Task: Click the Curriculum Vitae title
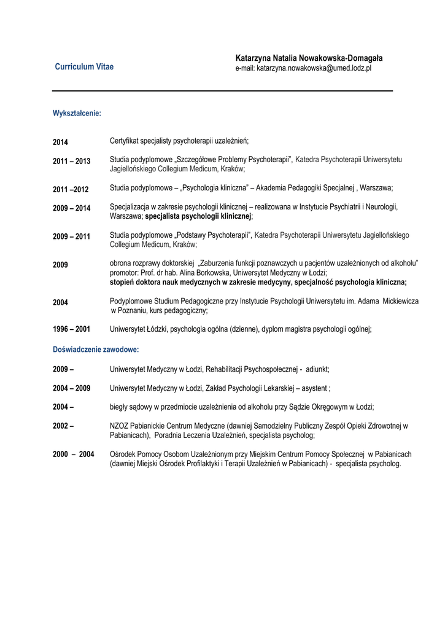84,67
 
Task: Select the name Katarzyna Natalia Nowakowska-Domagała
309,58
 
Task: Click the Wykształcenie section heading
77,114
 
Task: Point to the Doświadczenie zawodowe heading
96,350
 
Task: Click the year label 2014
60,143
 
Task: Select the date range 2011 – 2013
71,162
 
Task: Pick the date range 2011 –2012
71,189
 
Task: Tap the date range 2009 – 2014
71,208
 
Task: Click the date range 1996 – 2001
71,329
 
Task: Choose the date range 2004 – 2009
71,388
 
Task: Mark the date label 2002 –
63,426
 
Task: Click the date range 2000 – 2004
73,454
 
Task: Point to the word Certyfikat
126,142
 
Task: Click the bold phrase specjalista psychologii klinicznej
198,217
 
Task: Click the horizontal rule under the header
222,91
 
